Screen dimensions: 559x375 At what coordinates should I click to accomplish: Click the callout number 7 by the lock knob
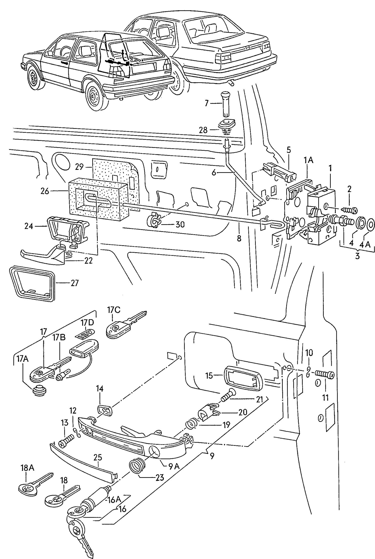tap(206, 103)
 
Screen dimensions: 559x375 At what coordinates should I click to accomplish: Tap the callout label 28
tap(203, 130)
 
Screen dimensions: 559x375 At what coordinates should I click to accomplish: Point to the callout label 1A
tap(308, 160)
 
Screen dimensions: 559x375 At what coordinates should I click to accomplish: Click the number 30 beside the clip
tap(180, 224)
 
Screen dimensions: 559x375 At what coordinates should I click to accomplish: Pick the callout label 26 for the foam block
tap(45, 191)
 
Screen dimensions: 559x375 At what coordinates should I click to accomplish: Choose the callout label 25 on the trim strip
tap(98, 458)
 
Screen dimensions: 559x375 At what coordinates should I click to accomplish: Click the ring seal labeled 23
tap(136, 466)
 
